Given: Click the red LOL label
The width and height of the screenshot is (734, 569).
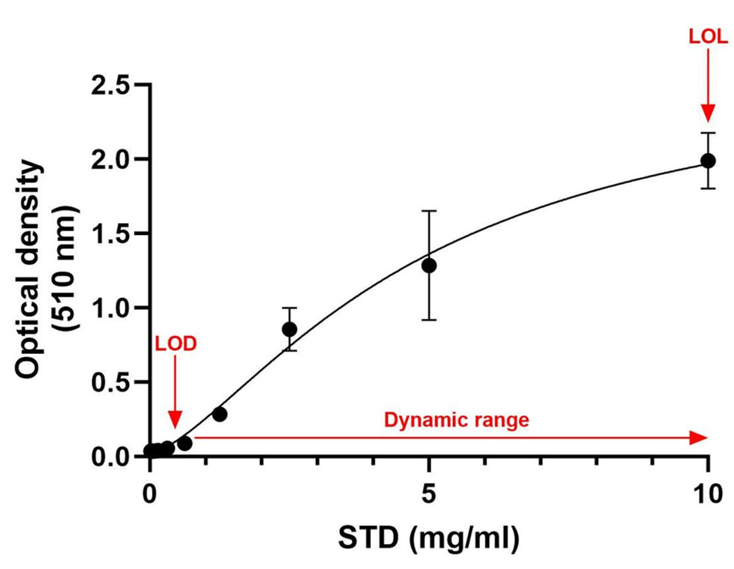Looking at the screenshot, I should click(x=708, y=37).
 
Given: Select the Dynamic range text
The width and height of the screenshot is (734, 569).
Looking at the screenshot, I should click(x=457, y=420).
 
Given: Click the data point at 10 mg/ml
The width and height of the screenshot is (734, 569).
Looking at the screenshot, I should click(x=708, y=160).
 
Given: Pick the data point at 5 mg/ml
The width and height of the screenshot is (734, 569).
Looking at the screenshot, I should click(x=429, y=265).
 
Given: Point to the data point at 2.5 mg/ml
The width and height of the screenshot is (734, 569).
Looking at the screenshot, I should click(x=289, y=329).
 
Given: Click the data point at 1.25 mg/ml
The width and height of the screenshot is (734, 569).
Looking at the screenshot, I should click(x=220, y=414).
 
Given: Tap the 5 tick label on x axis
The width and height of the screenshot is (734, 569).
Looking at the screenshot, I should click(x=429, y=493).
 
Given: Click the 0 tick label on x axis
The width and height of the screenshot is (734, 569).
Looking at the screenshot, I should click(x=150, y=493).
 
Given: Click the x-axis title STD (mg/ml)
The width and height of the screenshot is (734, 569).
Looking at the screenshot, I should click(x=429, y=539).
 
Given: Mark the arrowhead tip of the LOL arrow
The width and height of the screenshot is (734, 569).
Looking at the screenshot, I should click(x=708, y=121).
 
